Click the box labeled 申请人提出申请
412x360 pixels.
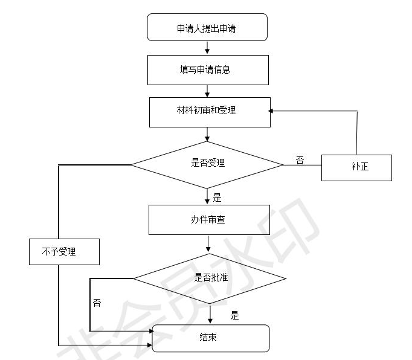pos(207,28)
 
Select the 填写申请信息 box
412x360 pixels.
pos(207,69)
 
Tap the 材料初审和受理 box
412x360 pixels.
pos(209,112)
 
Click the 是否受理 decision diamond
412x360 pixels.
pos(207,163)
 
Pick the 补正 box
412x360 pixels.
pos(356,167)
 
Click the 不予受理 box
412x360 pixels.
pos(63,251)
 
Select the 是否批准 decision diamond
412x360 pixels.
pos(209,278)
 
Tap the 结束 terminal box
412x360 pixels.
pos(210,338)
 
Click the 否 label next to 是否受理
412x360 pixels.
pos(300,160)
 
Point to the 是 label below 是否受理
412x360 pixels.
pos(217,197)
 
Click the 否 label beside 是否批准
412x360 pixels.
pos(97,303)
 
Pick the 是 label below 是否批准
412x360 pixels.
pos(234,315)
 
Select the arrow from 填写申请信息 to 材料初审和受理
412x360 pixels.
pos(207,91)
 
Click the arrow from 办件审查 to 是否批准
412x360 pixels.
pos(208,243)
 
